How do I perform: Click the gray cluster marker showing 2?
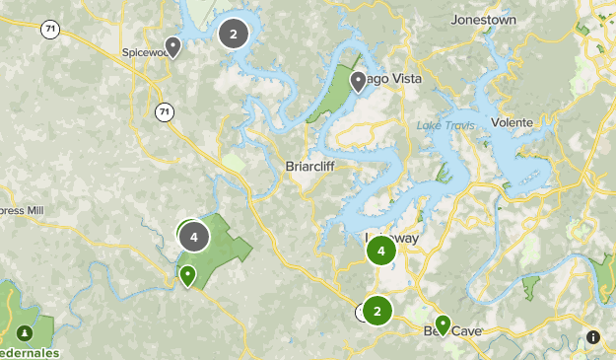pos(233,35)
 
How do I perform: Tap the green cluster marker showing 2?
pos(376,311)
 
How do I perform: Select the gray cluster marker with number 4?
pos(194,237)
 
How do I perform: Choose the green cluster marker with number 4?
pos(380,251)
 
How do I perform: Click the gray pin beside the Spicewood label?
pos(173,45)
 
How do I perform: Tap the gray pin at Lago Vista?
pos(358,80)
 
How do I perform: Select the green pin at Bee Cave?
pos(444,324)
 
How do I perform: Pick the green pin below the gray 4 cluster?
pos(187,274)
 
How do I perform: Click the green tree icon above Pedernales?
pos(25,330)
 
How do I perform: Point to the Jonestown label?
pos(483,20)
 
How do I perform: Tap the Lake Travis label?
pos(445,125)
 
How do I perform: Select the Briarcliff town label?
pos(311,166)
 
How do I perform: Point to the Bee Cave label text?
pos(458,331)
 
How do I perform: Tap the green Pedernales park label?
pos(30,353)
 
